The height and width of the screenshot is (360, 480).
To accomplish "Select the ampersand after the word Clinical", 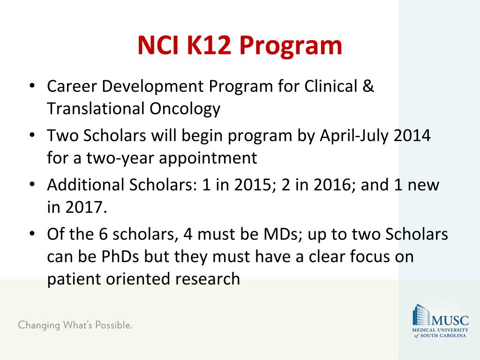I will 368,86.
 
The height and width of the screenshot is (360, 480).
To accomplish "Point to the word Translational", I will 96,109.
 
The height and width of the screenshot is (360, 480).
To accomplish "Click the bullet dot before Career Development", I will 32,87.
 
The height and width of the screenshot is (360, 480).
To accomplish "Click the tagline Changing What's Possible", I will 75,325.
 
